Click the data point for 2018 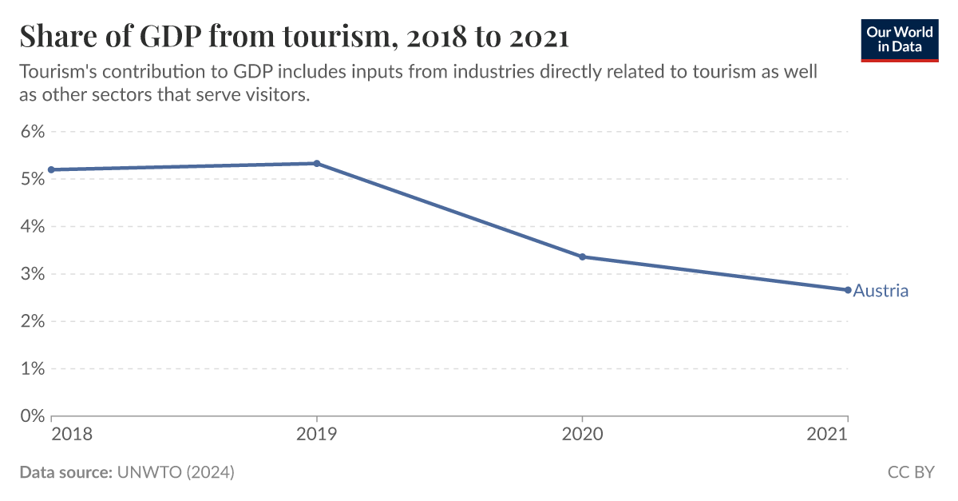point(51,169)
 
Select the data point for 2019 point(317,163)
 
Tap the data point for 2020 point(582,256)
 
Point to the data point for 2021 point(848,290)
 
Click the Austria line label point(881,291)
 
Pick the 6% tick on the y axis point(31,131)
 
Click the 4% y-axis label point(31,226)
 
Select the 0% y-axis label point(31,416)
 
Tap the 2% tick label point(31,321)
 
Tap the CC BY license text point(910,472)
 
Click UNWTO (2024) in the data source point(176,472)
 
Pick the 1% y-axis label point(31,368)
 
